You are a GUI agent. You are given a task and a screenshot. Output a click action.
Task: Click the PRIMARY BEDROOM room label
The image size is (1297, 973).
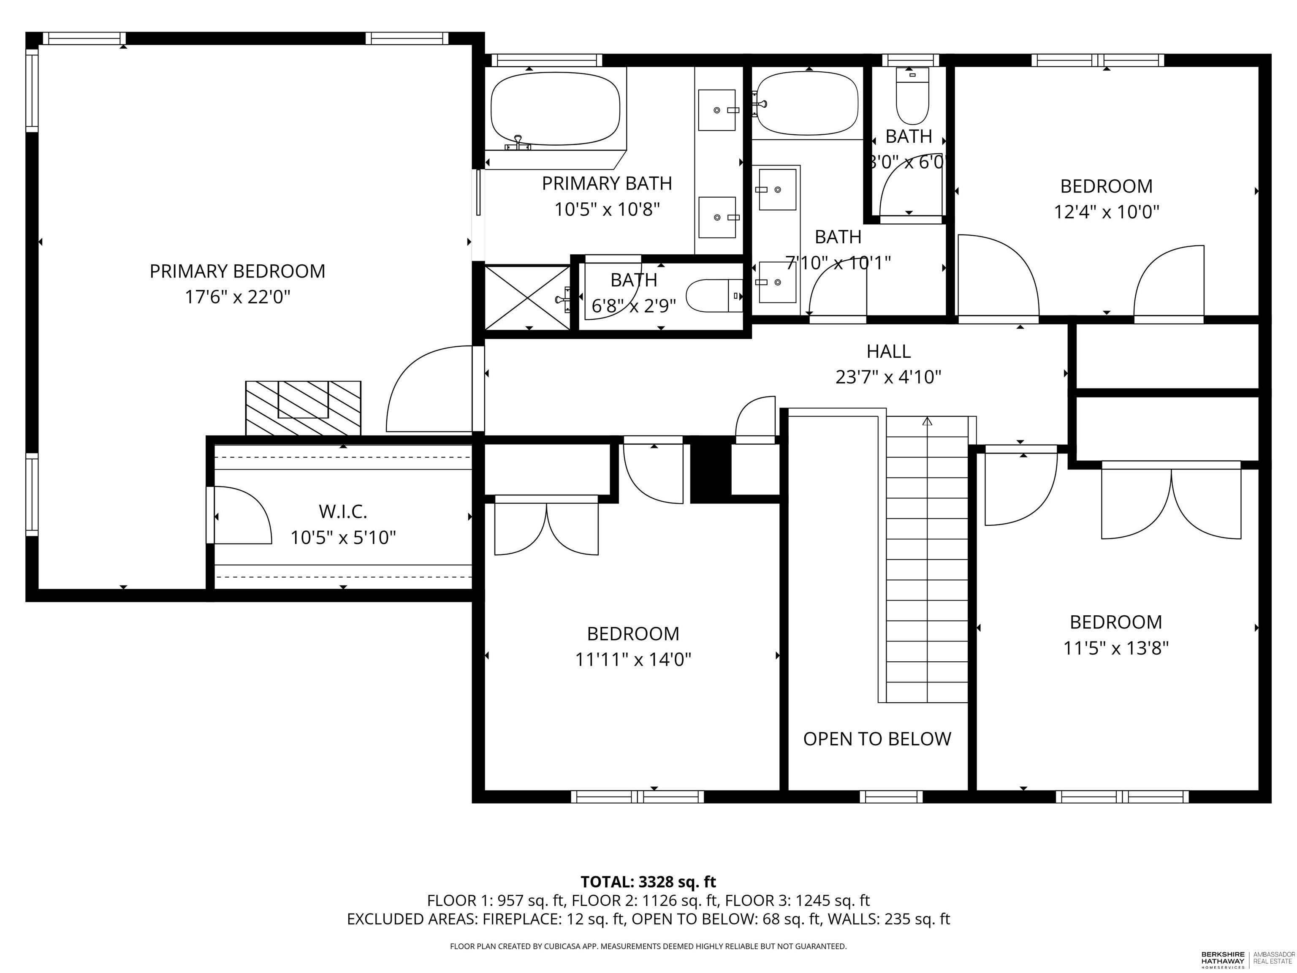point(237,271)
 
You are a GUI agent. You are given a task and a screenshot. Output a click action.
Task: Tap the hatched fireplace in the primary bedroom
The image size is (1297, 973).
point(303,408)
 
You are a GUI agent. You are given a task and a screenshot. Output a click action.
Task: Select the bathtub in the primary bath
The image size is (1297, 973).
point(555,109)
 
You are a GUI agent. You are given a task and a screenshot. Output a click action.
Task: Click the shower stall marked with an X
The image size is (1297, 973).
point(527,297)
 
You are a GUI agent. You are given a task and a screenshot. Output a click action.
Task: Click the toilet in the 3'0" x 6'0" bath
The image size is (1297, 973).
point(912,95)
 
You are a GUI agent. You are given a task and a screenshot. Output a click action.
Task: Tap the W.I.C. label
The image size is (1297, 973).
point(343,511)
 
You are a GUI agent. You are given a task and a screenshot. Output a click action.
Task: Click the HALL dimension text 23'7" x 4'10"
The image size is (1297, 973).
point(888,377)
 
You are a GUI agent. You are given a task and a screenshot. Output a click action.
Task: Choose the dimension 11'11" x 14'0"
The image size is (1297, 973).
point(633,660)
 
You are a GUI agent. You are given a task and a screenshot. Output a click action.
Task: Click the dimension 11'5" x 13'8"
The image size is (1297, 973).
point(1116,648)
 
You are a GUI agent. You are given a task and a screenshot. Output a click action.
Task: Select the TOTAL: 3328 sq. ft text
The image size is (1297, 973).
point(648,881)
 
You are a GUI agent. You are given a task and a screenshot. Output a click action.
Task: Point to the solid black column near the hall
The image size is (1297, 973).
point(711,470)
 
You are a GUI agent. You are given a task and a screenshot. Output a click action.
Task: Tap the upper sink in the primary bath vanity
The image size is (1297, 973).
point(716,110)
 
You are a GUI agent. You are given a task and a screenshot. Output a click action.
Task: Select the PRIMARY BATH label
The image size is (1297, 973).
point(607,184)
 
